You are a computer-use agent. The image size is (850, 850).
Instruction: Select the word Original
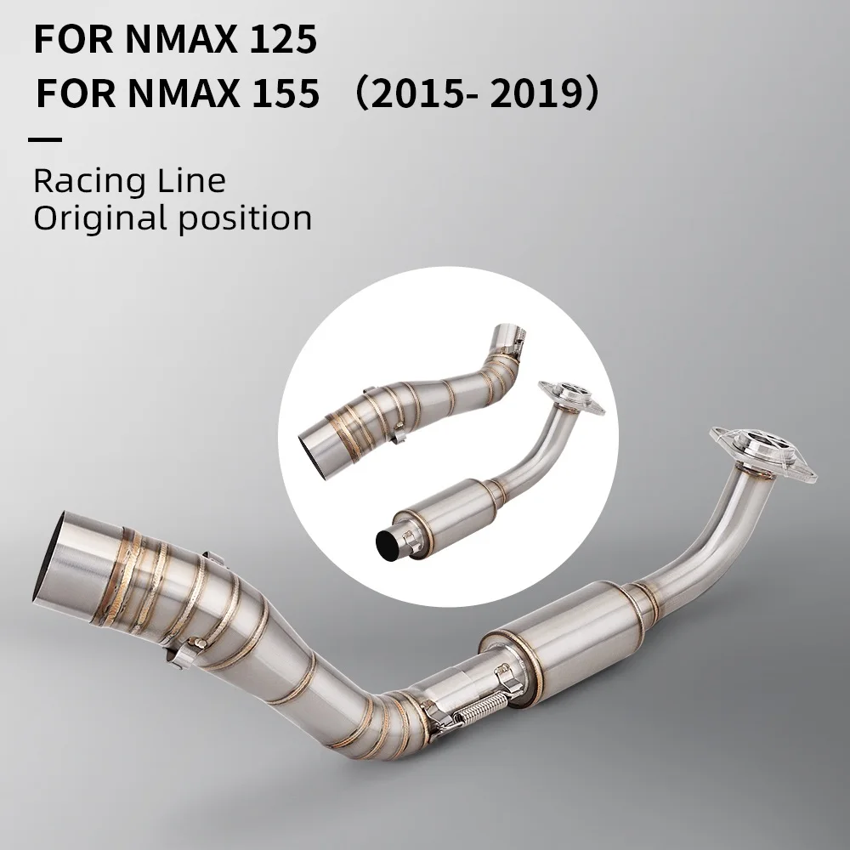(99, 218)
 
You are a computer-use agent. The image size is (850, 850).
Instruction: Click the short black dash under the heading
(44, 139)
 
